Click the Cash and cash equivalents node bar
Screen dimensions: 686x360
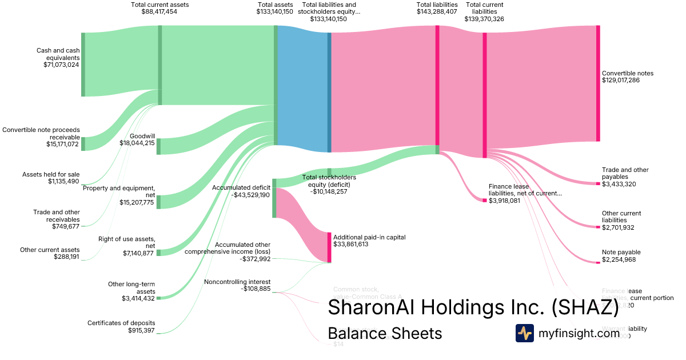point(83,65)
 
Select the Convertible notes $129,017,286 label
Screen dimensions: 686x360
point(627,77)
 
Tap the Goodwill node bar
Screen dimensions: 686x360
point(159,146)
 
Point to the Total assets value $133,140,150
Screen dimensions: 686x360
point(275,11)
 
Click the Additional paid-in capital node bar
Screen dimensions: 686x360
point(329,247)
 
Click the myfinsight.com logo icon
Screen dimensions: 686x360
point(524,333)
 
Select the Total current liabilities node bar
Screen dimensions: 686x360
point(485,95)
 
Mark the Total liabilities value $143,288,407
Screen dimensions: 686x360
point(437,11)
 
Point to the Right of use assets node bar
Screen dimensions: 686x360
point(159,253)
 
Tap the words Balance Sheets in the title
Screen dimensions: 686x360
point(385,333)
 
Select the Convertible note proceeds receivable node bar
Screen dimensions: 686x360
point(83,143)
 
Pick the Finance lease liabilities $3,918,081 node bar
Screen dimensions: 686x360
point(484,200)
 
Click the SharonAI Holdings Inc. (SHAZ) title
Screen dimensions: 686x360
point(473,307)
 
